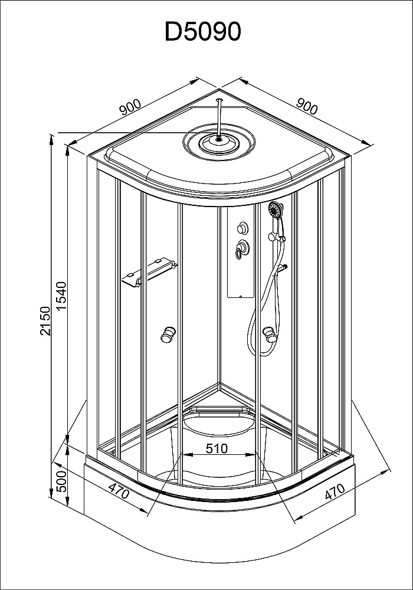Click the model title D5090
tap(203, 31)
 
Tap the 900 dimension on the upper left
tap(129, 108)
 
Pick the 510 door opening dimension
tap(217, 448)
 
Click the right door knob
tap(270, 337)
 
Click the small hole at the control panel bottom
tap(242, 296)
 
